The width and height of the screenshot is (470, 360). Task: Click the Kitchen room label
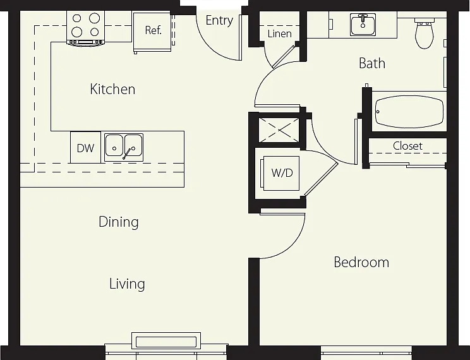pyautogui.click(x=112, y=89)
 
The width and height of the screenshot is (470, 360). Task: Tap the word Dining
pyautogui.click(x=119, y=222)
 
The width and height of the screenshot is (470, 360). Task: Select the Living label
pyautogui.click(x=127, y=284)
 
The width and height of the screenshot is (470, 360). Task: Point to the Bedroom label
pyautogui.click(x=361, y=262)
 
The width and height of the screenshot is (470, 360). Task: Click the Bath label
pyautogui.click(x=372, y=63)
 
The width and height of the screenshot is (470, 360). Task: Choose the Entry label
pyautogui.click(x=219, y=21)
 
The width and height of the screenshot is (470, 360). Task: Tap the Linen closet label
pyautogui.click(x=280, y=33)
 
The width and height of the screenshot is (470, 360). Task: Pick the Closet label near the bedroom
pyautogui.click(x=407, y=146)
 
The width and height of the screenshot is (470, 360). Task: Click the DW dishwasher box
pyautogui.click(x=85, y=148)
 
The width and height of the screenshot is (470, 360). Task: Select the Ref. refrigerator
pyautogui.click(x=152, y=31)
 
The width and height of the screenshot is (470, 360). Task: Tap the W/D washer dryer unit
pyautogui.click(x=281, y=173)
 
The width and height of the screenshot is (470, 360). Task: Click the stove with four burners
pyautogui.click(x=86, y=28)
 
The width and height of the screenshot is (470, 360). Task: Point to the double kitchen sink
pyautogui.click(x=124, y=148)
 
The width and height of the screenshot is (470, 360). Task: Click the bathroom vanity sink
pyautogui.click(x=363, y=25)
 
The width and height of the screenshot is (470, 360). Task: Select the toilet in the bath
pyautogui.click(x=424, y=32)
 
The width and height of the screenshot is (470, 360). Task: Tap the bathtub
pyautogui.click(x=409, y=112)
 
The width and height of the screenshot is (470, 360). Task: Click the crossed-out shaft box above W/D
pyautogui.click(x=279, y=130)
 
